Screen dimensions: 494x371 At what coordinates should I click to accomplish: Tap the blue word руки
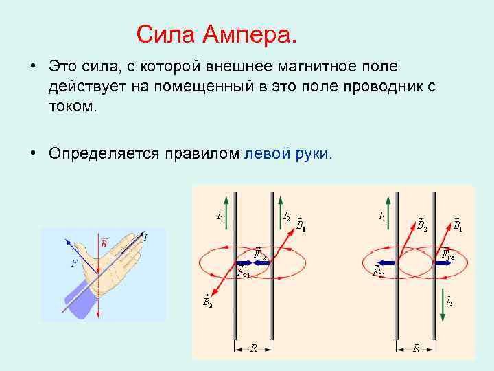[313, 153]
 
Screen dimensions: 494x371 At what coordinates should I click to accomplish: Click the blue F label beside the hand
[73, 263]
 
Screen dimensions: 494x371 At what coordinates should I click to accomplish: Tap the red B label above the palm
[104, 243]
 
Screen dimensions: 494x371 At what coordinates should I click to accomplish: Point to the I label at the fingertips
[145, 237]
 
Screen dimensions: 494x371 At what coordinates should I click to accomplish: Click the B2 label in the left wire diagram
[207, 300]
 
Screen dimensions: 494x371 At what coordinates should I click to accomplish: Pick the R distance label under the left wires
[252, 348]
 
